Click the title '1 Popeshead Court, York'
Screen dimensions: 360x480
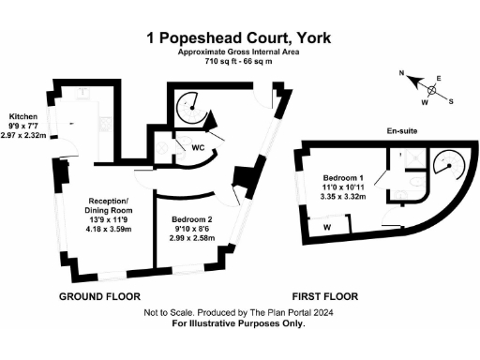pyautogui.click(x=239, y=37)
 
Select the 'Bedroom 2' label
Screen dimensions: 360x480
pyautogui.click(x=190, y=219)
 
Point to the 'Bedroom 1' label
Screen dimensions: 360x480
pyautogui.click(x=343, y=178)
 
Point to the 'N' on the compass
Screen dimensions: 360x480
pyautogui.click(x=401, y=73)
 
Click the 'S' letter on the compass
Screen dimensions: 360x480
pyautogui.click(x=451, y=100)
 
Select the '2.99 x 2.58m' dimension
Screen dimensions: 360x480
pyautogui.click(x=190, y=238)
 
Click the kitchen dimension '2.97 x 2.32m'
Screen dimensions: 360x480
pyautogui.click(x=29, y=135)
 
